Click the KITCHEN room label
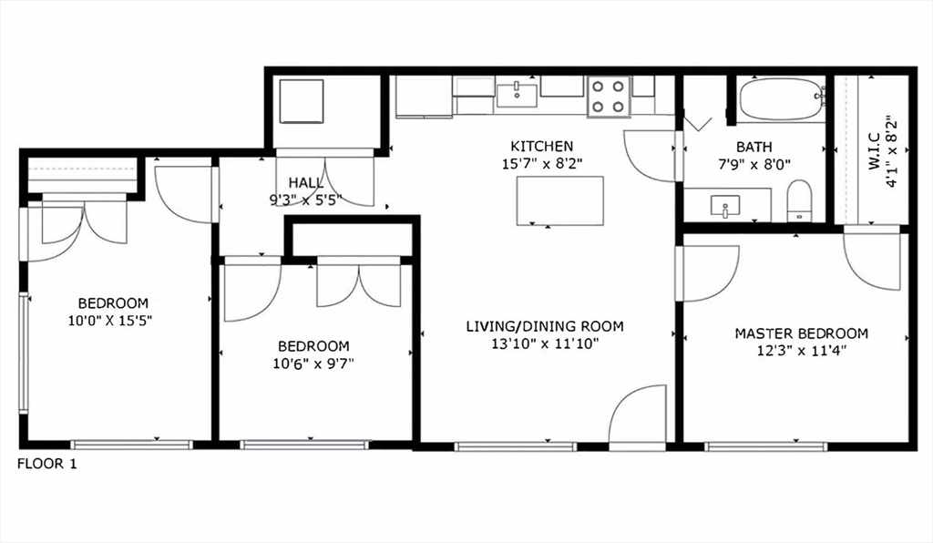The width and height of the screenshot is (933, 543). pyautogui.click(x=541, y=146)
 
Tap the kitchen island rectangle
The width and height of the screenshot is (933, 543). pyautogui.click(x=560, y=200)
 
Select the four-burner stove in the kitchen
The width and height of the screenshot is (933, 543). pyautogui.click(x=609, y=97)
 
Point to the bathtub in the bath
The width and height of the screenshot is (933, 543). pyautogui.click(x=781, y=99)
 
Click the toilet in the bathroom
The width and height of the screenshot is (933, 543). pyautogui.click(x=799, y=201)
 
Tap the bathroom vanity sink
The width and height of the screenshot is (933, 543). pyautogui.click(x=726, y=206)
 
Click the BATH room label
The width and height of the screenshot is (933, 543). pyautogui.click(x=754, y=147)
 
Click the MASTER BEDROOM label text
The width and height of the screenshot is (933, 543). pyautogui.click(x=801, y=333)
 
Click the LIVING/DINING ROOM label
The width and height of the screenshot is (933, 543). pyautogui.click(x=545, y=326)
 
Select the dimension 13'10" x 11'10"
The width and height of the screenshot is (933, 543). pyautogui.click(x=545, y=343)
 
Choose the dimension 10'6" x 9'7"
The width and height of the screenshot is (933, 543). pyautogui.click(x=313, y=364)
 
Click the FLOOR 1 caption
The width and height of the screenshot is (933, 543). pyautogui.click(x=47, y=465)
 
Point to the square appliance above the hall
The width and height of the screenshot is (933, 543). pyautogui.click(x=302, y=100)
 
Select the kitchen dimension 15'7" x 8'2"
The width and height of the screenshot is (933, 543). pyautogui.click(x=541, y=163)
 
